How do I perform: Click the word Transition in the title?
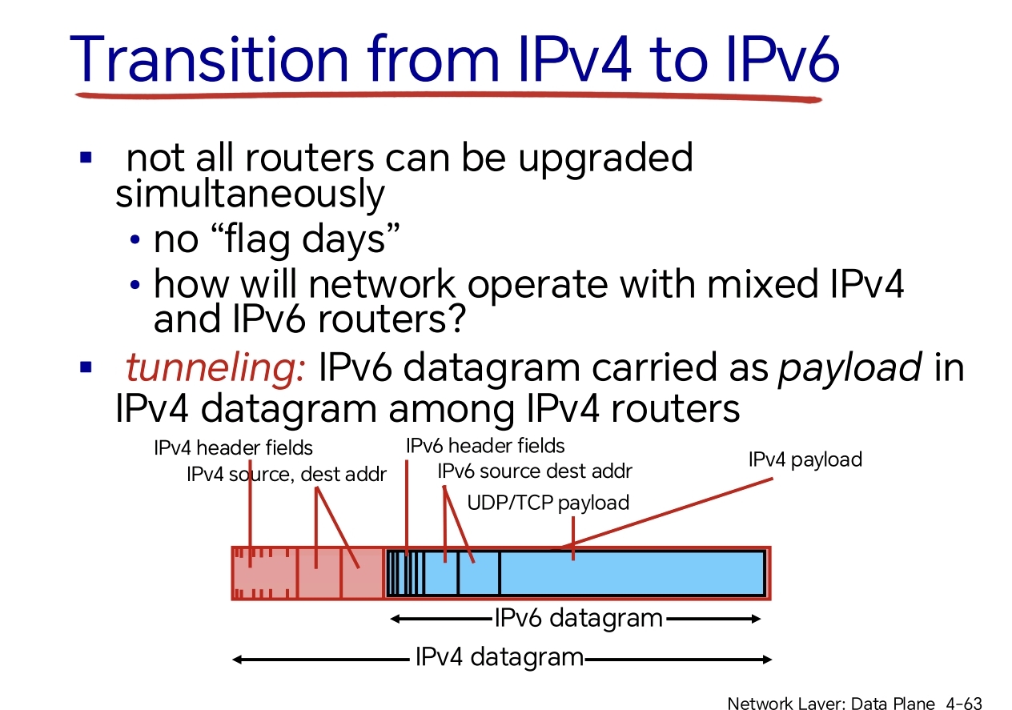209,59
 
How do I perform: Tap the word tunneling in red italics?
215,367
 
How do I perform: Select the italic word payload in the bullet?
849,367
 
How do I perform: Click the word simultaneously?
250,194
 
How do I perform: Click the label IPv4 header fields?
233,448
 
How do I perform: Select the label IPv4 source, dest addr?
287,475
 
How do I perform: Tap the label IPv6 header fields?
485,446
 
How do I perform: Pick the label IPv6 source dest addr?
535,471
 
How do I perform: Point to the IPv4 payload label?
805,459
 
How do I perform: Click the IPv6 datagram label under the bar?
579,618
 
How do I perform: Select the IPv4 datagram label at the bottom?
500,657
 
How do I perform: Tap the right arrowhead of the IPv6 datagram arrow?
757,619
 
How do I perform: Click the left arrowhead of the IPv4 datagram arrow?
238,660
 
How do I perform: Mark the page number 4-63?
964,703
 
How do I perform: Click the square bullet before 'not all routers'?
86,157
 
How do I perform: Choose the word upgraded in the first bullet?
605,158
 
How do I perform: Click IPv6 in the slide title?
782,59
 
